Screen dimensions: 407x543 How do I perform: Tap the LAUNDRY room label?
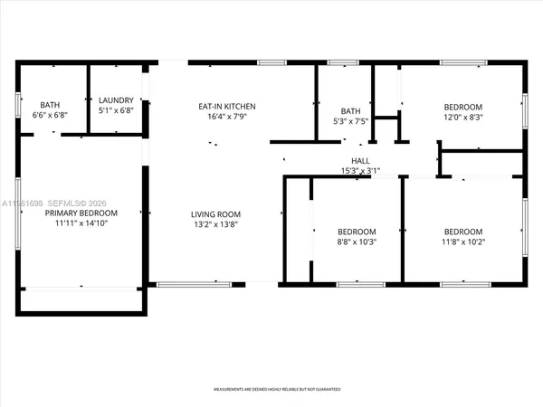pyautogui.click(x=116, y=100)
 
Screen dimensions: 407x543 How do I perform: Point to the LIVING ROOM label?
pyautogui.click(x=215, y=214)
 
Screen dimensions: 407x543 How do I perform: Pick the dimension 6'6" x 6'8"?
pyautogui.click(x=51, y=116)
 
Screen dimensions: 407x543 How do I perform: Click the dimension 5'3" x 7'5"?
pyautogui.click(x=345, y=122)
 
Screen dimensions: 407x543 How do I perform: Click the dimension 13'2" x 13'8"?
pyautogui.click(x=215, y=225)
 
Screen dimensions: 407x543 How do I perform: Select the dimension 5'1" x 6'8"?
pyautogui.click(x=116, y=111)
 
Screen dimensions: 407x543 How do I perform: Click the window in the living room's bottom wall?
pyautogui.click(x=187, y=284)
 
